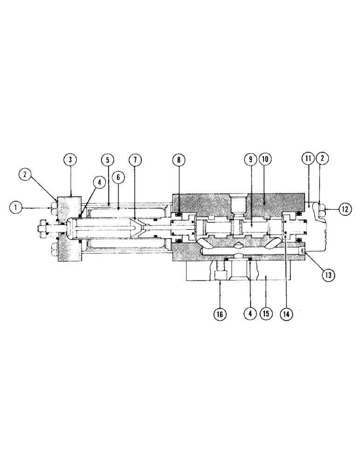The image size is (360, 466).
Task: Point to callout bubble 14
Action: click(x=286, y=314)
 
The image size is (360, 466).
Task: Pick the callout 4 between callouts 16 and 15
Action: click(x=250, y=314)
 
